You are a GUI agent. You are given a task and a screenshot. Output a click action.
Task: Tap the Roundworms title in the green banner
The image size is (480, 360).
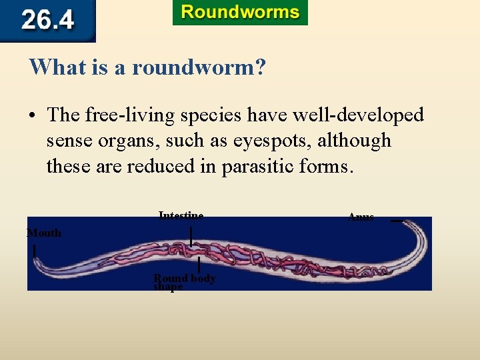(240, 13)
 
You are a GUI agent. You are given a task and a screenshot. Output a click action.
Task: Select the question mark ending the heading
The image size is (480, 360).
(260, 67)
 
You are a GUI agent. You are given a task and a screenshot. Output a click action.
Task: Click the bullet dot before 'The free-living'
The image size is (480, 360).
(32, 116)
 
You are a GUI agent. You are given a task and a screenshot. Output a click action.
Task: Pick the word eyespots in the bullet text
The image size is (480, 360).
(282, 141)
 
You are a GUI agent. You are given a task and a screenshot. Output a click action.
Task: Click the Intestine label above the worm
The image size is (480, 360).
(181, 215)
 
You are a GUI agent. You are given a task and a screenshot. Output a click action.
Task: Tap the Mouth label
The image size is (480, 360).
(44, 233)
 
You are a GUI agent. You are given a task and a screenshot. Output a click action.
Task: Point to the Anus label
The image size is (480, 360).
(361, 217)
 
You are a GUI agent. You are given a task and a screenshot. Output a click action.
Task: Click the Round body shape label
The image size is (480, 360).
(184, 282)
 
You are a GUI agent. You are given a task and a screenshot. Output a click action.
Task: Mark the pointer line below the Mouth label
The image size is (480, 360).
(34, 251)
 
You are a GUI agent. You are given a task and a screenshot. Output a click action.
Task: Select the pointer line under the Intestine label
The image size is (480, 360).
(191, 236)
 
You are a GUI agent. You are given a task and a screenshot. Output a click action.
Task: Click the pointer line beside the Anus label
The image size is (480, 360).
(397, 221)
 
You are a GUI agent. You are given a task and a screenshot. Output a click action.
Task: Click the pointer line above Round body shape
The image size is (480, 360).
(199, 265)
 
